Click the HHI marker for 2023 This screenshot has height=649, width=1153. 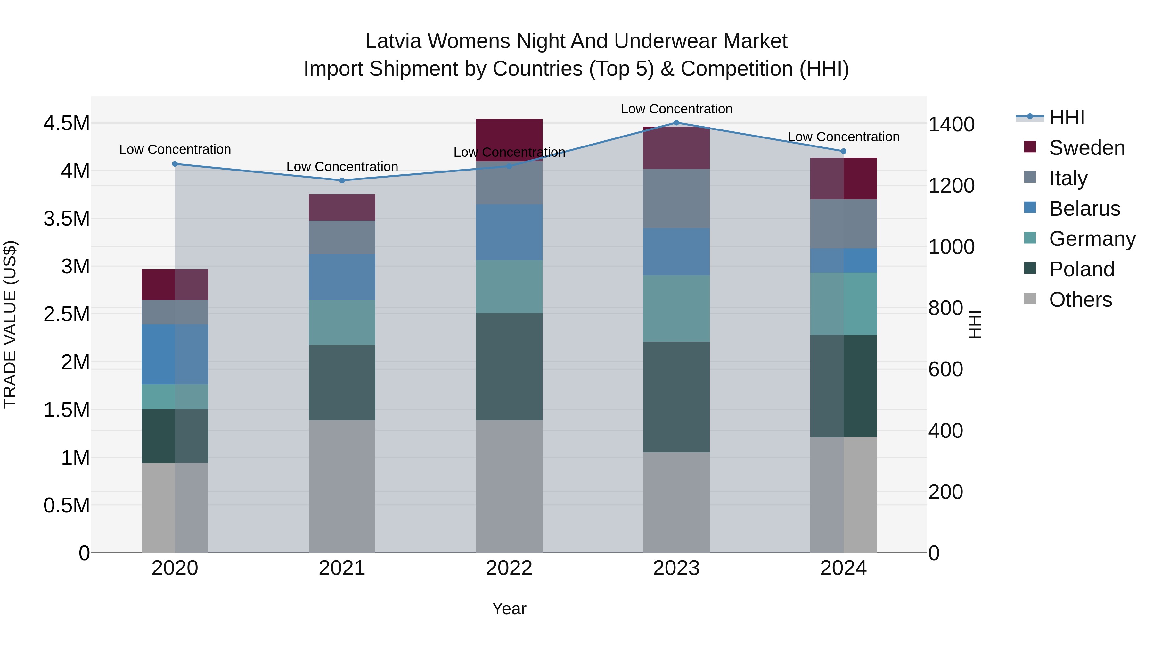pyautogui.click(x=676, y=123)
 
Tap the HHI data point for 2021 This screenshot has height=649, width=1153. pyautogui.click(x=342, y=180)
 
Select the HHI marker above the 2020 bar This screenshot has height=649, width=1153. pyautogui.click(x=175, y=164)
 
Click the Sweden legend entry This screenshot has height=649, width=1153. pyautogui.click(x=1086, y=148)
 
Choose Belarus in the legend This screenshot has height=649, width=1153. pyautogui.click(x=1084, y=209)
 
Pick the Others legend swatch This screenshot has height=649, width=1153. pyautogui.click(x=1030, y=299)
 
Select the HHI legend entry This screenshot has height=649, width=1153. pyautogui.click(x=1066, y=117)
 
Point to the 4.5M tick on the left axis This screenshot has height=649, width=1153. pyautogui.click(x=66, y=123)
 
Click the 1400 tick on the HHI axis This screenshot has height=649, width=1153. pyautogui.click(x=951, y=125)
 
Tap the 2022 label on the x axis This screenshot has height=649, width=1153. pyautogui.click(x=509, y=568)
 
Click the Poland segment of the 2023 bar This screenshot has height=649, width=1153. pyautogui.click(x=676, y=396)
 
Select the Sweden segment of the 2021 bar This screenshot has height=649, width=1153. pyautogui.click(x=342, y=207)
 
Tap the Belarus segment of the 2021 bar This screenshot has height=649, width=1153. pyautogui.click(x=342, y=277)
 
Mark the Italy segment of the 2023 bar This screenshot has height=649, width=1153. pyautogui.click(x=676, y=198)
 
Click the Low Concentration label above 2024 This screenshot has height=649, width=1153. pyautogui.click(x=843, y=137)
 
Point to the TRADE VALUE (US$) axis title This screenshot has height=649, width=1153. pyautogui.click(x=10, y=324)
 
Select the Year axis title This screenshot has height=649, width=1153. pyautogui.click(x=509, y=609)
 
